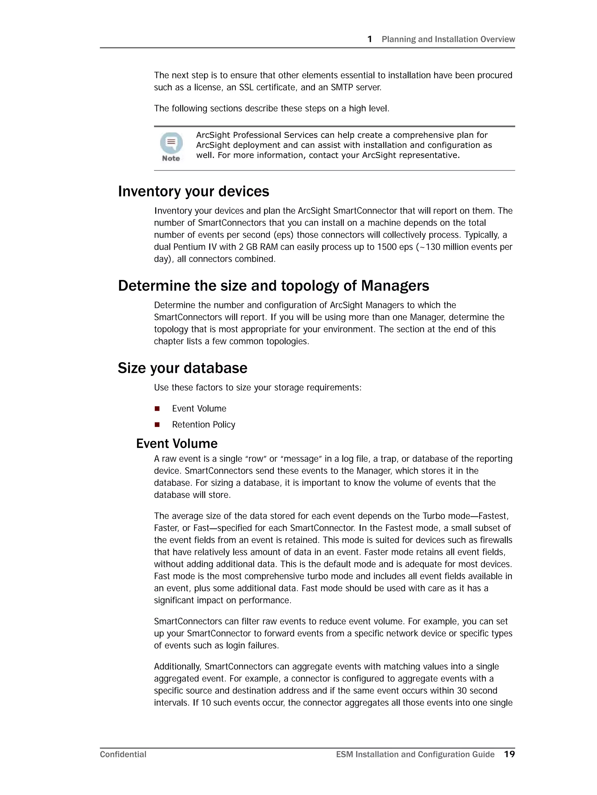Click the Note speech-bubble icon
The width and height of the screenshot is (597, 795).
171,143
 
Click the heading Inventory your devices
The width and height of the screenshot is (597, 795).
193,192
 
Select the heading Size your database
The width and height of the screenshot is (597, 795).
182,368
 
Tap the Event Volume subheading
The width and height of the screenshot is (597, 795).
177,443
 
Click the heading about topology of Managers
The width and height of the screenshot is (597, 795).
273,286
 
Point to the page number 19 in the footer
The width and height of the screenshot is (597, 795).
509,754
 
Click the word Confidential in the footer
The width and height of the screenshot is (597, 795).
123,754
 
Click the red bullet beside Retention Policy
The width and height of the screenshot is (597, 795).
157,424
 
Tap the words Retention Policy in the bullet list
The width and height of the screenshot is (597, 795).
203,424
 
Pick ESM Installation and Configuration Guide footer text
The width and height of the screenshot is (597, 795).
415,754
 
